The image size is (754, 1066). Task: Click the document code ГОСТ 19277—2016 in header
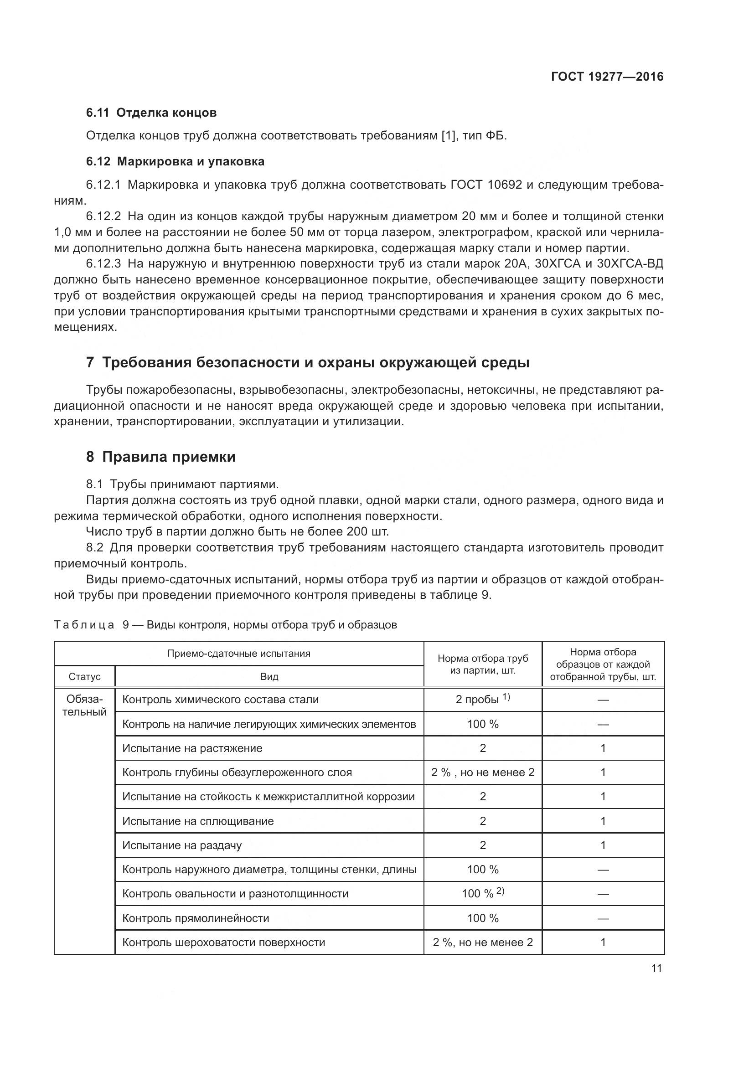[607, 77]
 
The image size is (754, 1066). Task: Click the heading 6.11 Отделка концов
[151, 113]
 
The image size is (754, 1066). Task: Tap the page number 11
[656, 968]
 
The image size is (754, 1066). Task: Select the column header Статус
[84, 676]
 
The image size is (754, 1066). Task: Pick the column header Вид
[269, 676]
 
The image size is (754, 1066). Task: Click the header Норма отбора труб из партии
[482, 664]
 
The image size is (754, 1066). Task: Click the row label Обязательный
[84, 706]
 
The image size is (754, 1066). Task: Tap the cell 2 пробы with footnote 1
[482, 700]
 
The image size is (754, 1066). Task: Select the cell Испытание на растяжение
[192, 748]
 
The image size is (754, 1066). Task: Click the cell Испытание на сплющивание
[198, 821]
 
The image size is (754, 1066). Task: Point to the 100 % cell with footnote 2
[482, 894]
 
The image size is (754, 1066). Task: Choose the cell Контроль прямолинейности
[196, 918]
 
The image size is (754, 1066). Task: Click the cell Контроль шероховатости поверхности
[223, 942]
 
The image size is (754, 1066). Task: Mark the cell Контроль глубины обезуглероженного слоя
[237, 772]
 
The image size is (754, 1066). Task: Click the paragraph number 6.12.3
[103, 264]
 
